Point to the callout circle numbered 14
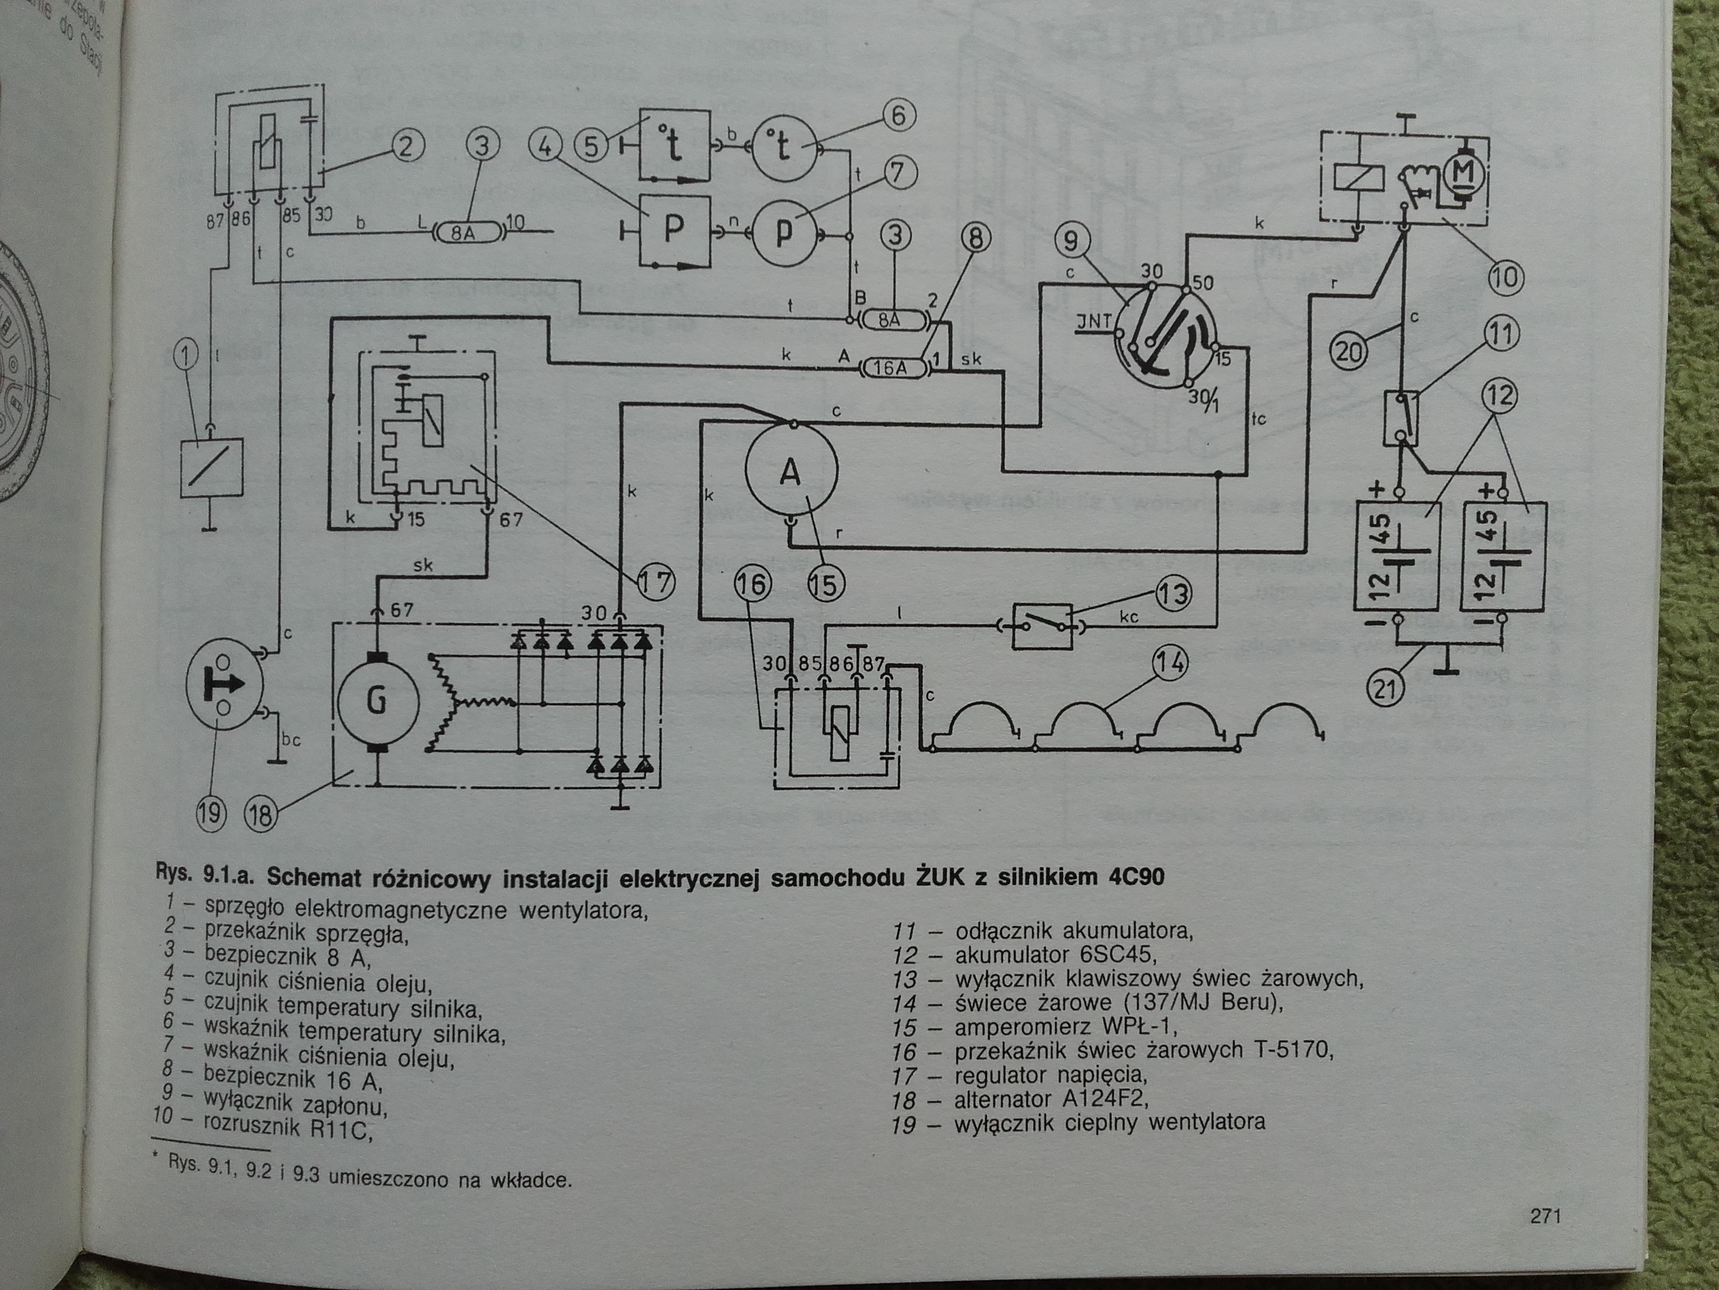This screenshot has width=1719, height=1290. point(1170,664)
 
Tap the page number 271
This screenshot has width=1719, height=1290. point(1545,1215)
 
